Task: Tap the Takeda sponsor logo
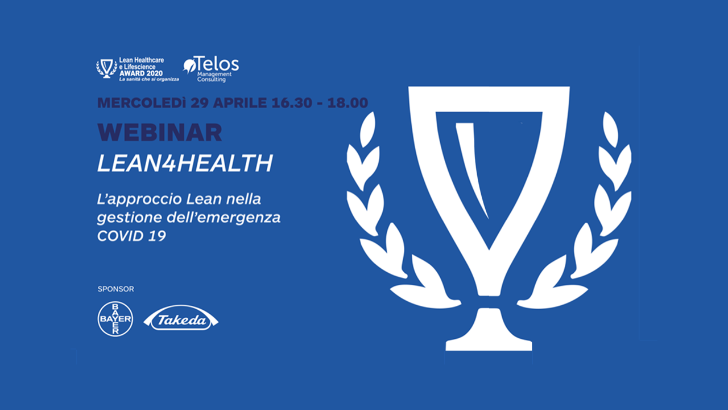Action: click(x=181, y=319)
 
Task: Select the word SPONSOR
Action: click(x=115, y=289)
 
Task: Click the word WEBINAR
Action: click(x=160, y=133)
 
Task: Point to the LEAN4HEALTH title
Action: click(x=185, y=164)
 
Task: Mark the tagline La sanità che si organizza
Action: click(x=149, y=79)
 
